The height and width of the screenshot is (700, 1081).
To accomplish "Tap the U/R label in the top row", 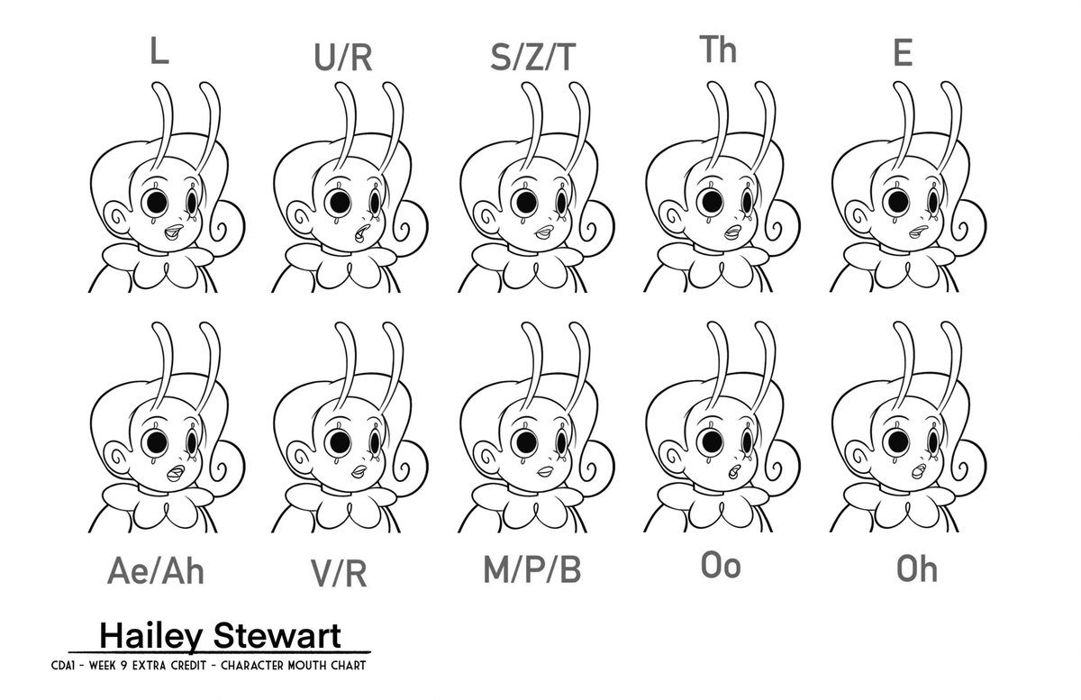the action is [343, 58].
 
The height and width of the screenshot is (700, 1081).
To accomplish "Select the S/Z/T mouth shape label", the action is [532, 58].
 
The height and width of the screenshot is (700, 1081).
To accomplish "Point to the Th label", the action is [718, 50].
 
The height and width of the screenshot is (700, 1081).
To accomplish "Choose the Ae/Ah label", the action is [156, 570].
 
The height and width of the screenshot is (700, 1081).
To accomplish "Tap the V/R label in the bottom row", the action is [340, 573].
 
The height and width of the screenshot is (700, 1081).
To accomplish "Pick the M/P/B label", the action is [532, 569].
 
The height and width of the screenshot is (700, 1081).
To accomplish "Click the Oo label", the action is [721, 566].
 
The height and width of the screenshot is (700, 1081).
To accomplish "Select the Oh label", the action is [917, 569].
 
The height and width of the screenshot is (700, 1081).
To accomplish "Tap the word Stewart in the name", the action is [277, 635].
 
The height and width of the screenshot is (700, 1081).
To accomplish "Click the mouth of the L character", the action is [173, 232].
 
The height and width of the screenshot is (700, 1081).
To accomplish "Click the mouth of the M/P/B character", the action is [545, 470].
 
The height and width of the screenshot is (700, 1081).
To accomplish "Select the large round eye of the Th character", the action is [711, 202].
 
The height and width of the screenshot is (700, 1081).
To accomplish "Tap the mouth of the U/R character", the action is [360, 233].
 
